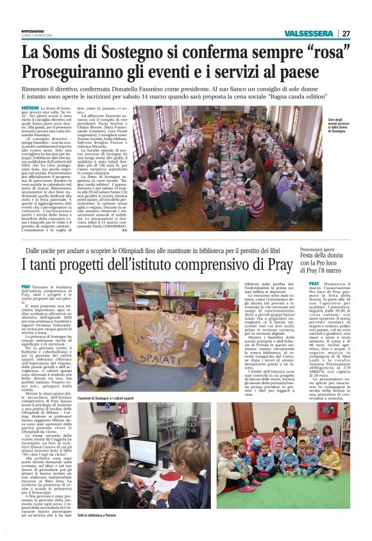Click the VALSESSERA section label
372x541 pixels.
tap(310, 33)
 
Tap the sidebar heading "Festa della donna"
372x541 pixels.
tap(337, 254)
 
